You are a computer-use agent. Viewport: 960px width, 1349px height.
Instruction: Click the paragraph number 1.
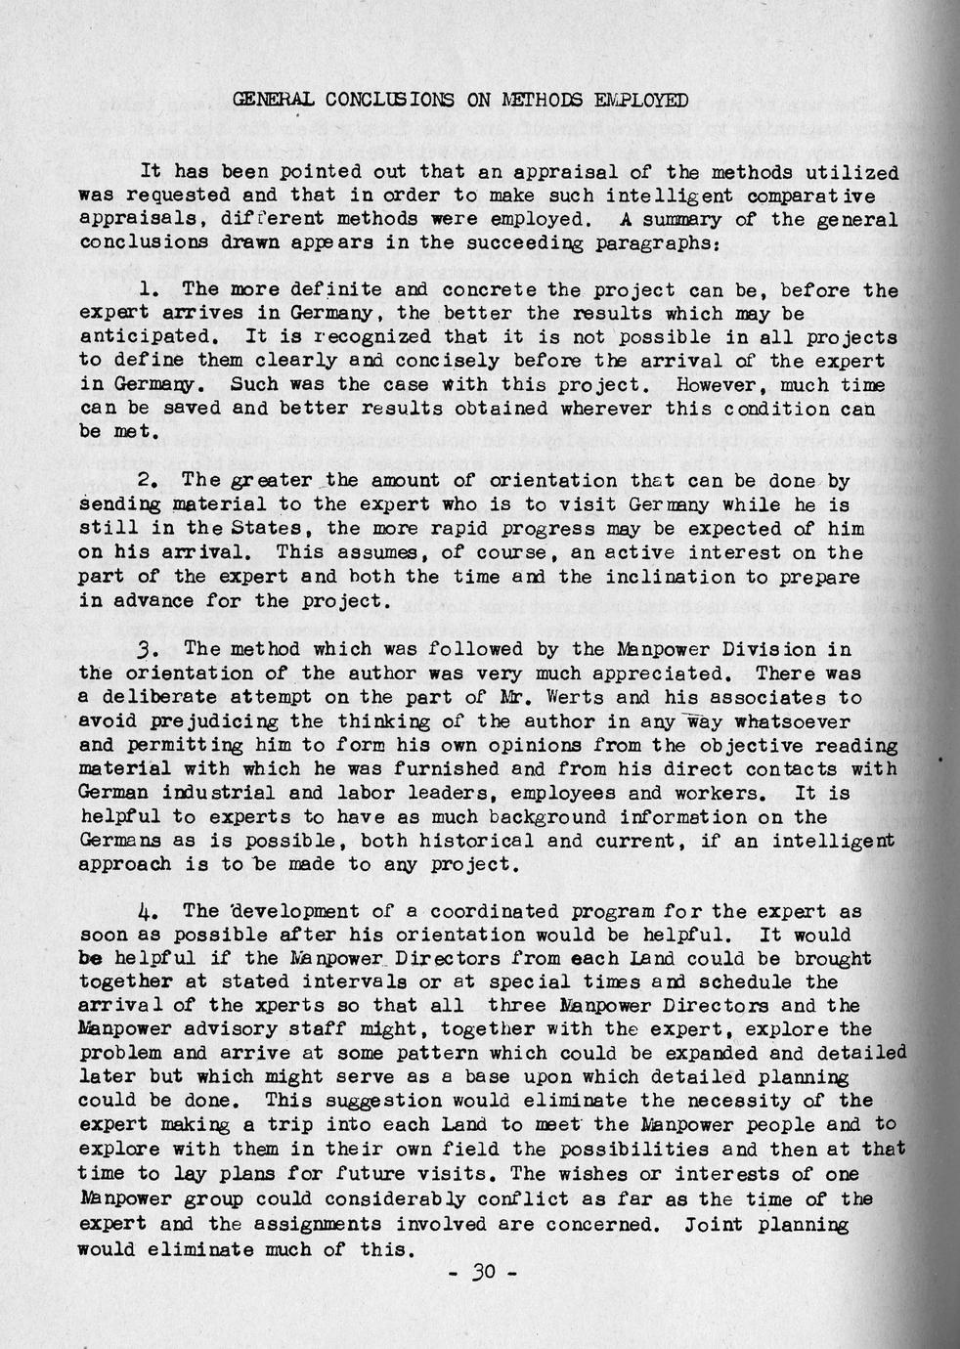click(149, 290)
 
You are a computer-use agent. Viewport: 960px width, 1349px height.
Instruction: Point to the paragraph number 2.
click(149, 481)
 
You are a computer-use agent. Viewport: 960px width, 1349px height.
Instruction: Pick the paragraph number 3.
click(149, 650)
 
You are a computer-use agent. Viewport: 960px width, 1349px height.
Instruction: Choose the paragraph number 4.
click(149, 912)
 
